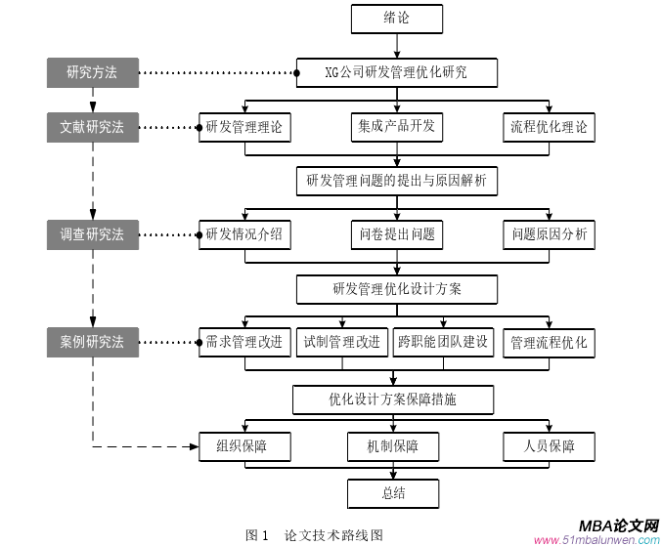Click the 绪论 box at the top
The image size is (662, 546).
[x=396, y=19]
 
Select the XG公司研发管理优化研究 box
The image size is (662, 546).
[x=396, y=72]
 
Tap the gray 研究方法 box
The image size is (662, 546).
[x=92, y=72]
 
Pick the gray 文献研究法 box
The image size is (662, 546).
[x=92, y=127]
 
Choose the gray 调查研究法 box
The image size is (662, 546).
[x=92, y=234]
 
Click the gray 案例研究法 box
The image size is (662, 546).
[x=92, y=342]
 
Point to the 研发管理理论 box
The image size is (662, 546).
[x=244, y=127]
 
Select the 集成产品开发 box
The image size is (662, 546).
[x=396, y=127]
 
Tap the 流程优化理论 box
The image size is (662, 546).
[x=549, y=127]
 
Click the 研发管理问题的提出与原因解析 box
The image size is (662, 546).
[x=396, y=181]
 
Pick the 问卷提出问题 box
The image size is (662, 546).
[x=396, y=234]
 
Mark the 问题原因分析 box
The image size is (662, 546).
[x=549, y=234]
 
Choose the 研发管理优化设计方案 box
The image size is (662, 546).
[x=396, y=289]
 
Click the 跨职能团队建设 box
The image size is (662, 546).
[x=443, y=342]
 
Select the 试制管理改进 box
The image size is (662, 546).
[x=342, y=342]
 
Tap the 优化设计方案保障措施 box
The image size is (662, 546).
[x=393, y=399]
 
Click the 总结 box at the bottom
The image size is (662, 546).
[x=393, y=493]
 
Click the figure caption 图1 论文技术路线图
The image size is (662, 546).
[x=314, y=535]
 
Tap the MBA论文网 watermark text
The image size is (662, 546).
[x=618, y=525]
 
